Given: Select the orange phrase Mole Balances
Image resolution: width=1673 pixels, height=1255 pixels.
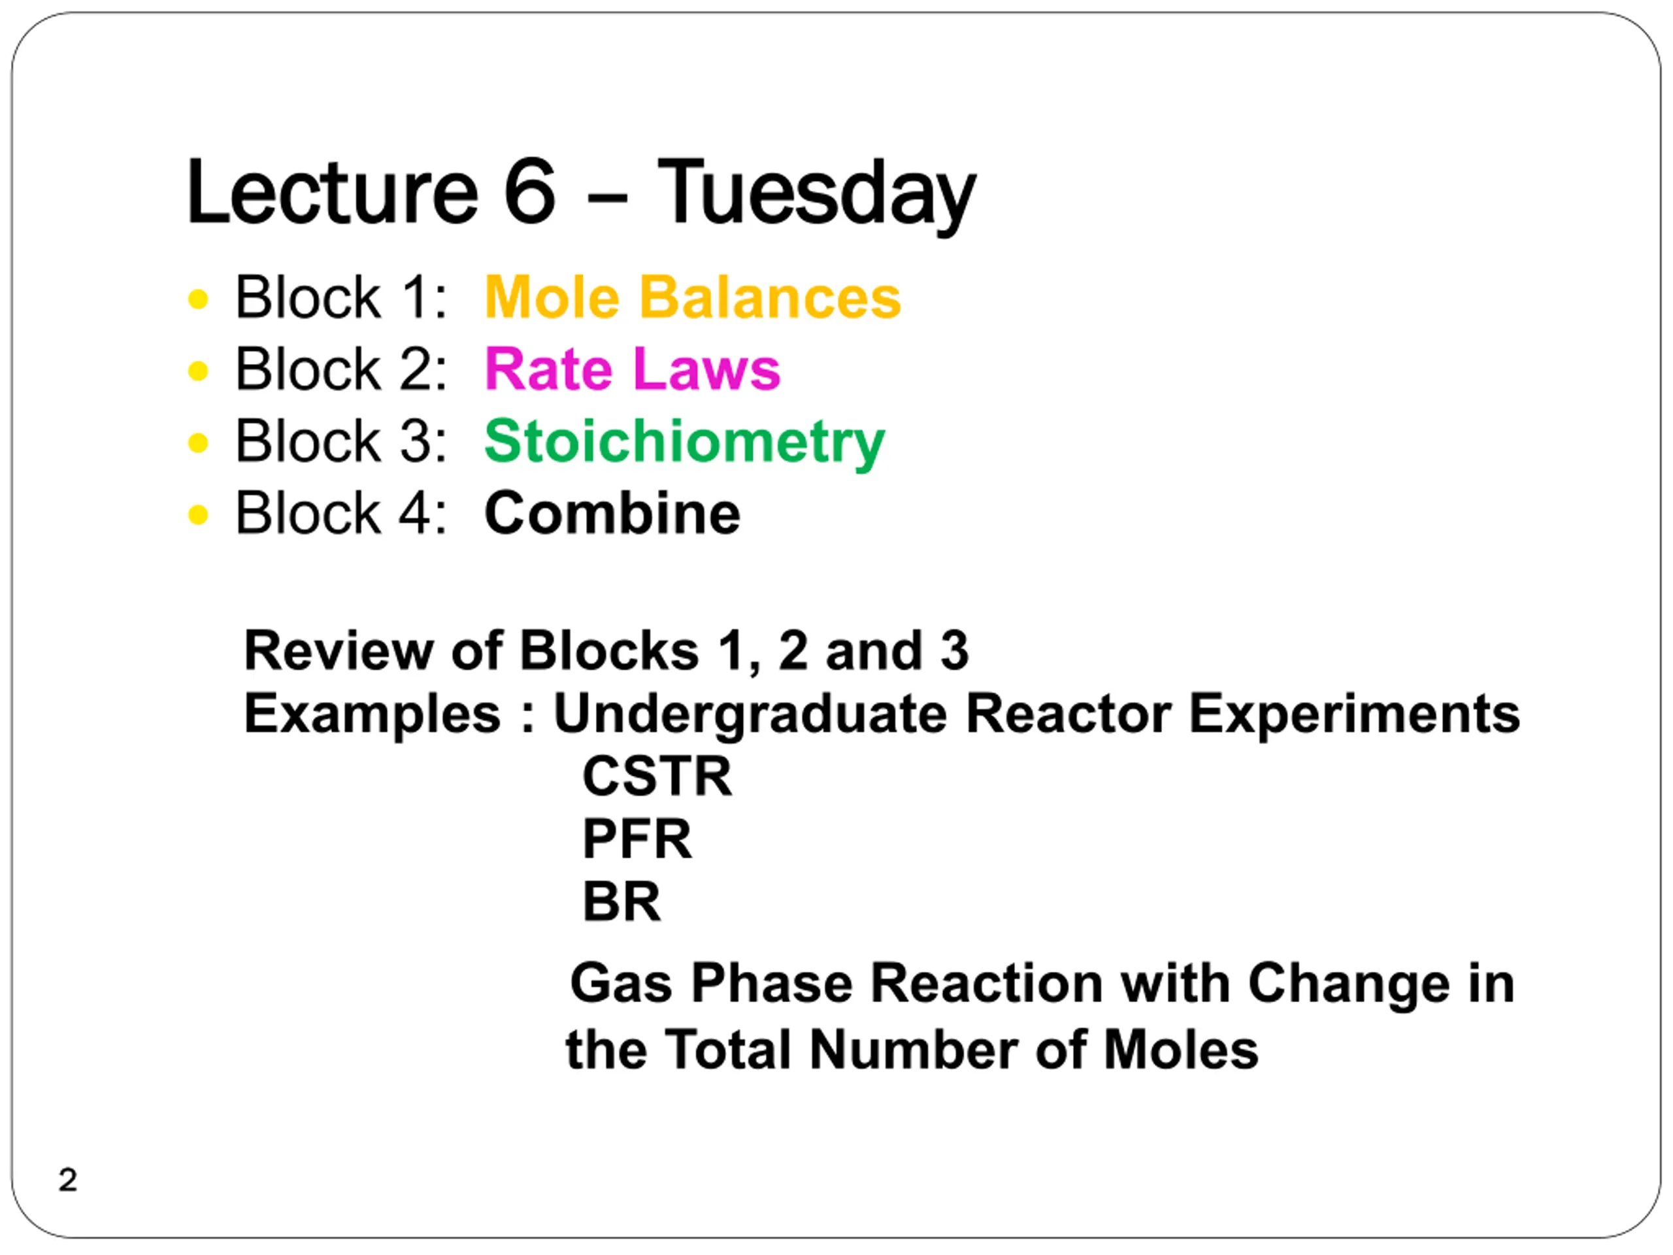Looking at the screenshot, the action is pos(693,297).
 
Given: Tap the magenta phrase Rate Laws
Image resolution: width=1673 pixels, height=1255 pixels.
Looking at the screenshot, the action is pos(633,369).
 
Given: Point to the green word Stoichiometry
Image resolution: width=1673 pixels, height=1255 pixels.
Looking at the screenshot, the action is pos(684,442).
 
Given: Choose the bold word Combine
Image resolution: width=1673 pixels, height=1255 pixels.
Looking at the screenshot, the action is pos(612,513).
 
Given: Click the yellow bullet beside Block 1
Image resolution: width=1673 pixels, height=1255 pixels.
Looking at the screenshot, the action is pos(198,299).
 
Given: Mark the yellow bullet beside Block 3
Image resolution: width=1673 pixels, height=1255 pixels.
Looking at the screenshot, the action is pos(198,443).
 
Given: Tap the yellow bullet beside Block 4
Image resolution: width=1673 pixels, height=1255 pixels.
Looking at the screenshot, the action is pos(198,514).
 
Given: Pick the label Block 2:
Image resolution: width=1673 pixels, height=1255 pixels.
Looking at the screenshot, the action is pos(341,369).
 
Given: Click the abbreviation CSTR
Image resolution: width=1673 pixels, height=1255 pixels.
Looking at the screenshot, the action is pos(657,776).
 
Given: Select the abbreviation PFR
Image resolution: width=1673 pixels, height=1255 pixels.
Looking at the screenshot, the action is pos(637,839).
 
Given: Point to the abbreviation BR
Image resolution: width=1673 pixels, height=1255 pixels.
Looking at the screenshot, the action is pos(621,902).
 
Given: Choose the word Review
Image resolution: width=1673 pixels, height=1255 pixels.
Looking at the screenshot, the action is pos(338,650).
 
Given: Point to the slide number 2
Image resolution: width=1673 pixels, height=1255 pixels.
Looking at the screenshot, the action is pos(68,1180).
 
